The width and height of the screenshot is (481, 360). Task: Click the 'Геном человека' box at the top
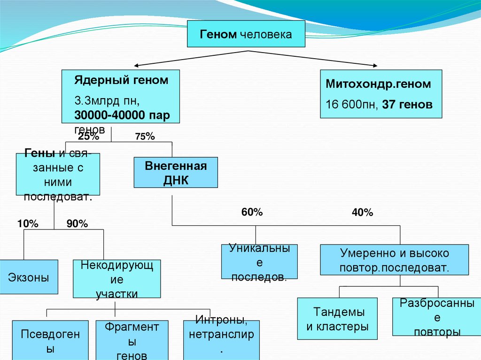246,34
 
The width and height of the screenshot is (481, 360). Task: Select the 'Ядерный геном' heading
121,80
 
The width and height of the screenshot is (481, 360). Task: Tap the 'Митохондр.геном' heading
378,84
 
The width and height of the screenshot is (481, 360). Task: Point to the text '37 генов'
407,105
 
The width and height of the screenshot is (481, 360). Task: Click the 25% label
88,137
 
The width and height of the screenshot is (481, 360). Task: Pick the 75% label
145,137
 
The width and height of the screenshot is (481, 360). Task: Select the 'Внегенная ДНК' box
176,173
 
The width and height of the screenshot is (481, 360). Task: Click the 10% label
28,224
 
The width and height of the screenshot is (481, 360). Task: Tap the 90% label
77,224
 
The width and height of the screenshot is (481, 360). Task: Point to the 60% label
252,213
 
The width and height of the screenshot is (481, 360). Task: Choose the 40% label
362,213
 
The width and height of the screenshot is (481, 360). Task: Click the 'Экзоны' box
29,277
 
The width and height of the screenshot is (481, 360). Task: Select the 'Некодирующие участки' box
116,279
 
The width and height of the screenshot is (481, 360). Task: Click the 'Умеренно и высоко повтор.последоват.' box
394,260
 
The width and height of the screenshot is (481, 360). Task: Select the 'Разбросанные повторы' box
436,317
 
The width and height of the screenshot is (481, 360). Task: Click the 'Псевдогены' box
50,340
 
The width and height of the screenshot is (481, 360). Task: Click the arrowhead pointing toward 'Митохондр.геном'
375,66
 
